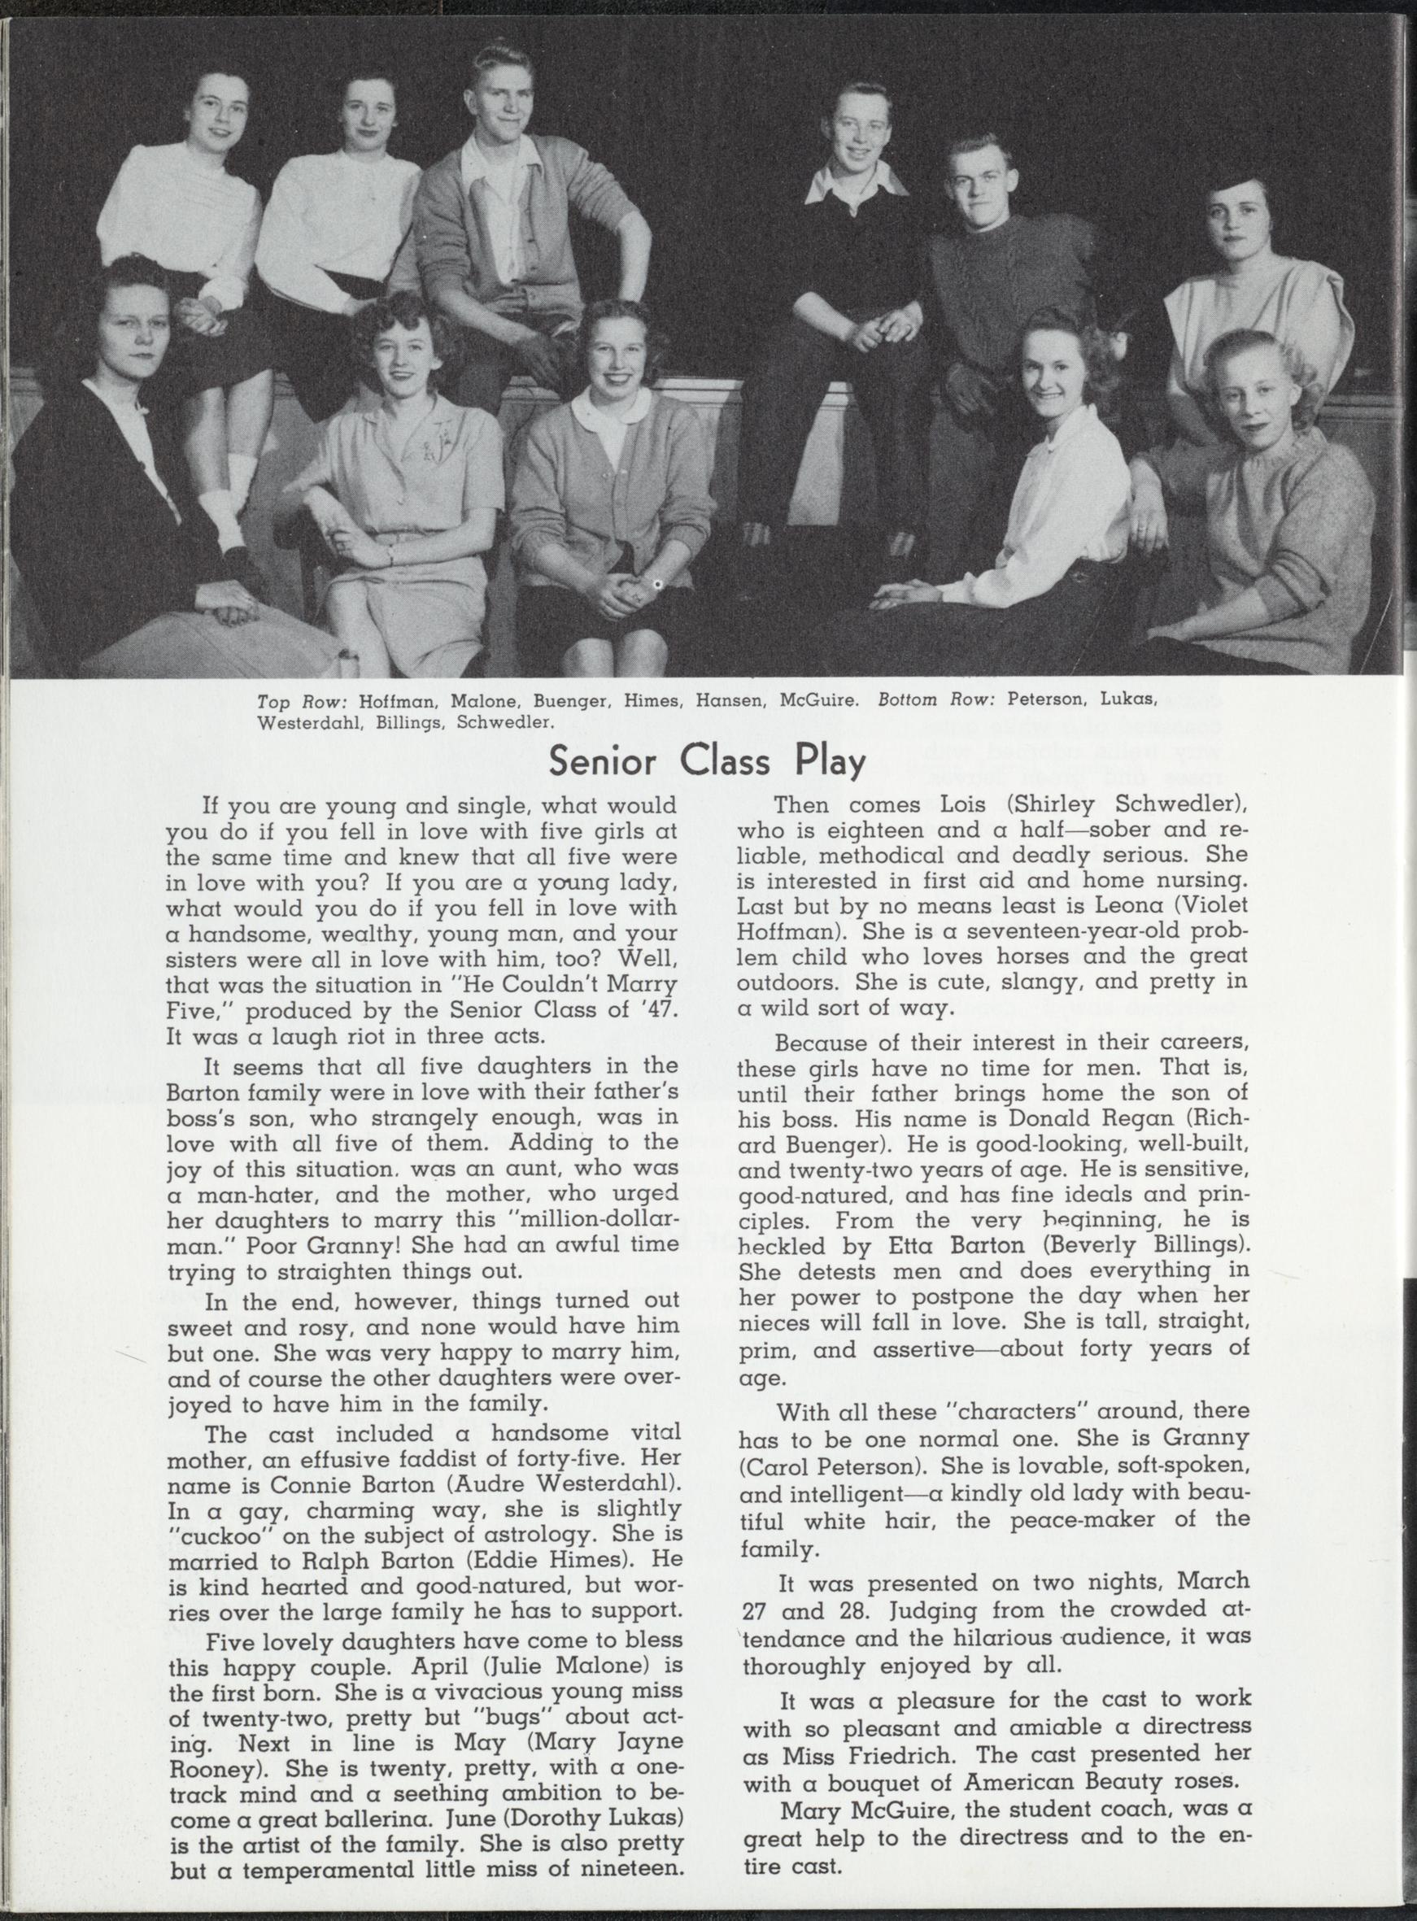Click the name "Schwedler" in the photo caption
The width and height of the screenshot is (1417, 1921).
(x=504, y=722)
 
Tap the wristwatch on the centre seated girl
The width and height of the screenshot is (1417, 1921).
(x=656, y=586)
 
